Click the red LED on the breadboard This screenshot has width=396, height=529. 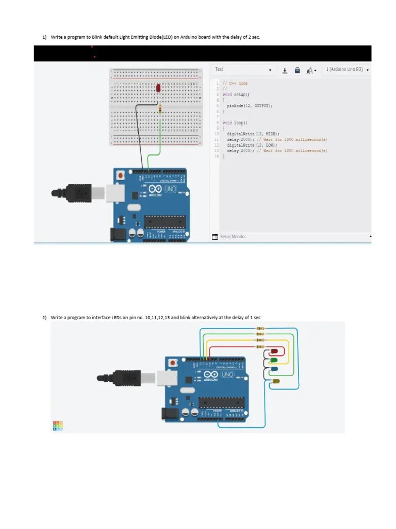tap(158, 89)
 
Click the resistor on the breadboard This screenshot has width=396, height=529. tap(160, 108)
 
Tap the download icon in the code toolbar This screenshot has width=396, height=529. tap(285, 70)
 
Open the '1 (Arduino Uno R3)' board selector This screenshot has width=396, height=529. tap(347, 70)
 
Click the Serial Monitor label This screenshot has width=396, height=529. tap(233, 237)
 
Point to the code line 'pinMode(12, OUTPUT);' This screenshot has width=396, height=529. tap(250, 105)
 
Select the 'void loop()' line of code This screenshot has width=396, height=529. tap(235, 123)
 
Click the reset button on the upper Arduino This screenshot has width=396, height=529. tap(121, 176)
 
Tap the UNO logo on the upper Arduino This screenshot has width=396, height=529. tap(170, 190)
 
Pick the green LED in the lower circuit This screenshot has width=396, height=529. tap(274, 360)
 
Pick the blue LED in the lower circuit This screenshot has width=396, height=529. tap(274, 369)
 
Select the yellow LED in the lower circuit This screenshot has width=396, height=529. tap(276, 381)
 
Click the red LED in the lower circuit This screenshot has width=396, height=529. tap(274, 352)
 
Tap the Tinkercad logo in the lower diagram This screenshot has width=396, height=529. tap(58, 426)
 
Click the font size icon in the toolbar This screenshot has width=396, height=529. tap(310, 71)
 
